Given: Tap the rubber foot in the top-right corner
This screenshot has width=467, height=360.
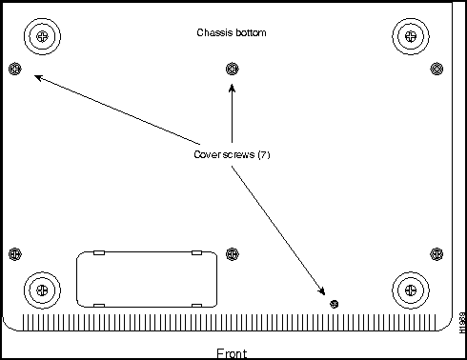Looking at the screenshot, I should click(x=410, y=36).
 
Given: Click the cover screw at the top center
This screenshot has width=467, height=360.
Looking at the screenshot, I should click(x=233, y=68).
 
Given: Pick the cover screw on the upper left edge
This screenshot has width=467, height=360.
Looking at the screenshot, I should click(x=14, y=68).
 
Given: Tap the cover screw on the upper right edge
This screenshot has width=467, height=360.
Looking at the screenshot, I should click(x=437, y=68).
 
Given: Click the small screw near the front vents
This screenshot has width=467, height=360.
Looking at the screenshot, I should click(x=334, y=303).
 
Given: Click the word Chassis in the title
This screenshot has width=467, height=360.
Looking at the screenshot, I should click(x=213, y=32).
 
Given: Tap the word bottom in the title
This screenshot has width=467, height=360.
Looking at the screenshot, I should click(x=250, y=32).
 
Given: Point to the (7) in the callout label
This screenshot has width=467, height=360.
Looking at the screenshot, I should click(x=264, y=155).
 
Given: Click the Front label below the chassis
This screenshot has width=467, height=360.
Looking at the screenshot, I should click(x=233, y=352).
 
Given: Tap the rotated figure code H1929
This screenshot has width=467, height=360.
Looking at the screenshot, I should click(x=460, y=324).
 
